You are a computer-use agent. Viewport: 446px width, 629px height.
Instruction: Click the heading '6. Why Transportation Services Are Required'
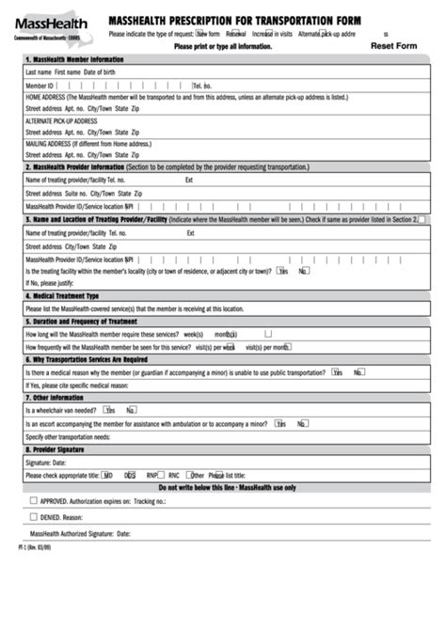click(86, 358)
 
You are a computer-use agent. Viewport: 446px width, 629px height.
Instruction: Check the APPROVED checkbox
click(33, 502)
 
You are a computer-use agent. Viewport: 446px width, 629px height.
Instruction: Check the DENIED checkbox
click(33, 516)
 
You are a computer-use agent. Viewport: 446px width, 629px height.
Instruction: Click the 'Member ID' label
click(40, 85)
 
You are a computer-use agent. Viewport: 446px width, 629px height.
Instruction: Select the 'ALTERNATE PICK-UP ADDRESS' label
click(61, 120)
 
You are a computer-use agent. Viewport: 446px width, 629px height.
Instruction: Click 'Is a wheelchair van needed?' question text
click(60, 410)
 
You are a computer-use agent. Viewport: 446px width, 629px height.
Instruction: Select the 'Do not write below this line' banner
click(226, 488)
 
